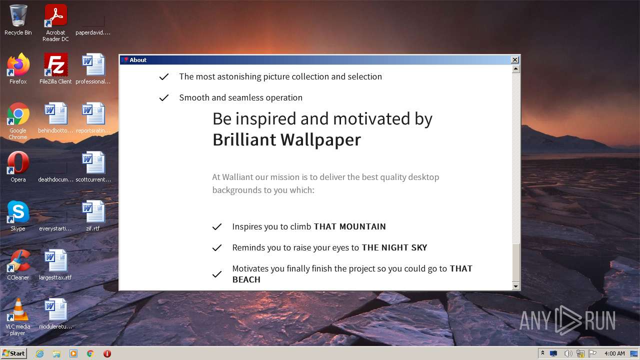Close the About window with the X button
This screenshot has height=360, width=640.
(x=514, y=60)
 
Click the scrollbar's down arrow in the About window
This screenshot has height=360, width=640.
(x=516, y=286)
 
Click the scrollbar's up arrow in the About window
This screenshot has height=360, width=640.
(x=516, y=69)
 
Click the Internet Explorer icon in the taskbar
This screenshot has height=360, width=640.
(x=39, y=353)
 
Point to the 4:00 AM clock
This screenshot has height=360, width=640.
(x=614, y=353)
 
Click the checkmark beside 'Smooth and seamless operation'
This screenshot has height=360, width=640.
(x=163, y=98)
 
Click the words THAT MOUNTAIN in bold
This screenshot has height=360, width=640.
(x=349, y=226)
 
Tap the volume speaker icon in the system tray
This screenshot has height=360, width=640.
(x=567, y=353)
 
